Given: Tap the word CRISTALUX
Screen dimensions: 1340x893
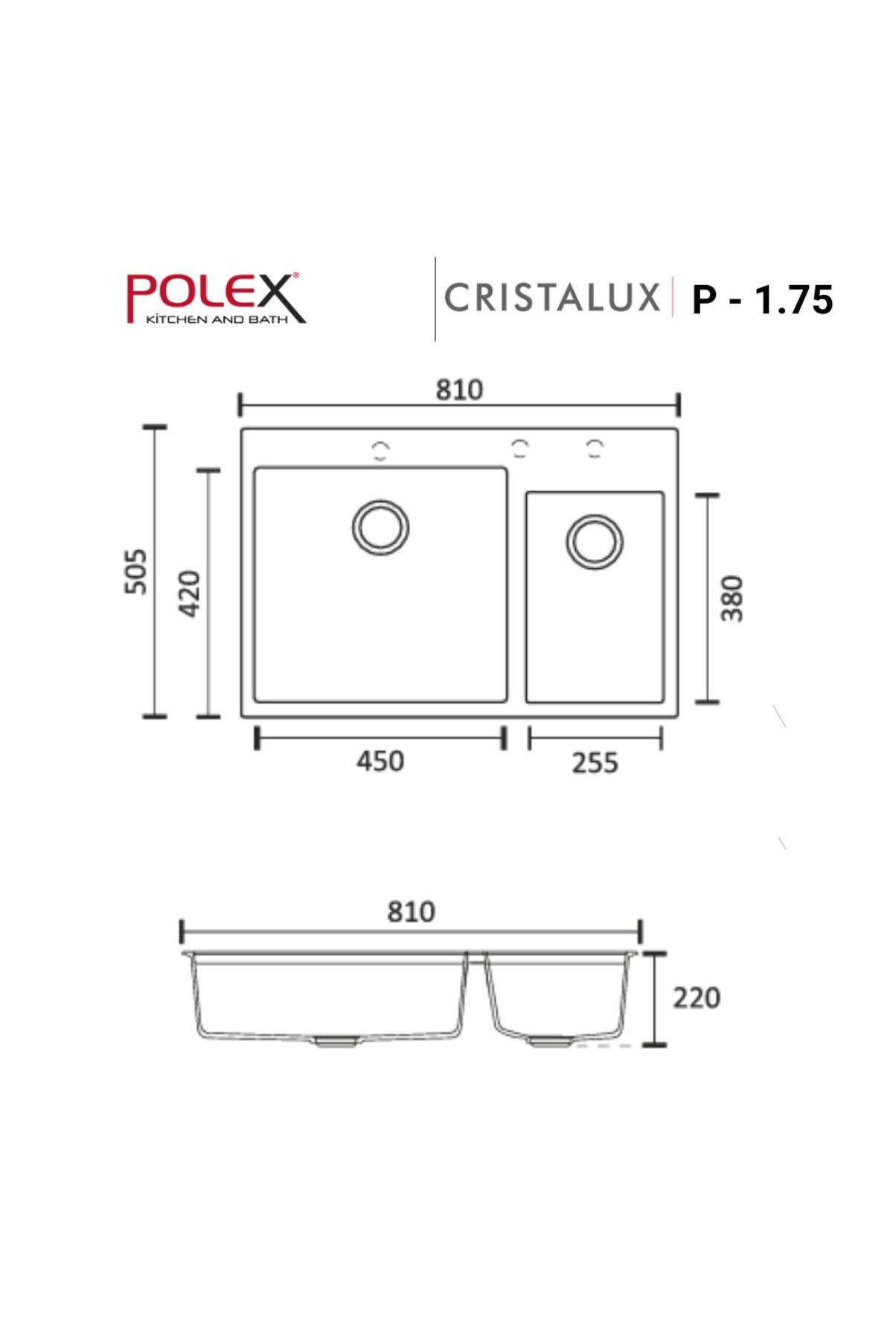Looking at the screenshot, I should click(x=551, y=298).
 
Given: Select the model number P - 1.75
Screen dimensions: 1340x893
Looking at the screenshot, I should click(x=762, y=300).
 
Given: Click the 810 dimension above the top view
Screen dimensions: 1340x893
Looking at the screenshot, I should click(x=459, y=390).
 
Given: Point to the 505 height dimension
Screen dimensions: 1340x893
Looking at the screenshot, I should click(x=136, y=572).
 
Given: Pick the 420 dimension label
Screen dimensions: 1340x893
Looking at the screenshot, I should click(x=190, y=593).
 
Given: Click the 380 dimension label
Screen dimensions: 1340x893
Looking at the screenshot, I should click(x=732, y=598).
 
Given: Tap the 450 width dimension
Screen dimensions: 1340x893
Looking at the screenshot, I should click(x=380, y=762).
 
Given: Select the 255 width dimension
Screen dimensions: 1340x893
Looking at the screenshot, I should click(x=595, y=763).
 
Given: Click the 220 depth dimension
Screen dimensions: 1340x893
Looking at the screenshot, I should click(x=697, y=998).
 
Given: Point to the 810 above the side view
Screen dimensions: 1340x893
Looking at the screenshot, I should click(x=411, y=912).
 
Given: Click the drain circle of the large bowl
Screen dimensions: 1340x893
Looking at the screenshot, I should click(x=380, y=527).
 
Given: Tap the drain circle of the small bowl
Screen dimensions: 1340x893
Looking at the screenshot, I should click(x=595, y=541).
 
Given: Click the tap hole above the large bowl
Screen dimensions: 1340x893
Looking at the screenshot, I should click(x=380, y=450).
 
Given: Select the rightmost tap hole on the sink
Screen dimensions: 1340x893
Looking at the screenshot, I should click(x=595, y=448).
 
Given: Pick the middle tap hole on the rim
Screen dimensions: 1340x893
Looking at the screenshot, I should click(x=520, y=448).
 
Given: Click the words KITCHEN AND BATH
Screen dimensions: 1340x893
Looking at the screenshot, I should click(x=216, y=320).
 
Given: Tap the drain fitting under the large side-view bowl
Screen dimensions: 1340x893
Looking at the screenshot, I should click(x=335, y=1041).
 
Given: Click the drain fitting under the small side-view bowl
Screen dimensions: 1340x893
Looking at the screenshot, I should click(x=549, y=1041).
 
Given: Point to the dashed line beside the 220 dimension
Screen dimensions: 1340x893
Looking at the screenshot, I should click(x=604, y=1046).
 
